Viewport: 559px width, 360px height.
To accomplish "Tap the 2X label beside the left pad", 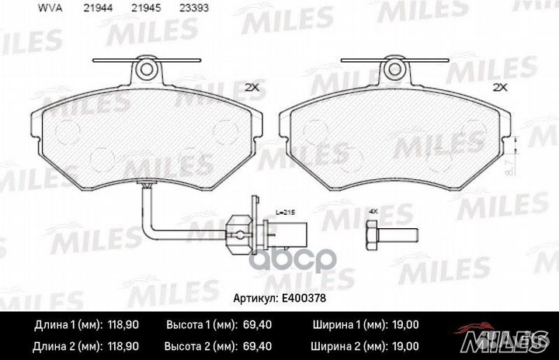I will (251, 86).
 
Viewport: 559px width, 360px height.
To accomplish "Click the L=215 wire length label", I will (265, 211).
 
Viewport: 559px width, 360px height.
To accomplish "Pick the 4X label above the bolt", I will (373, 212).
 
